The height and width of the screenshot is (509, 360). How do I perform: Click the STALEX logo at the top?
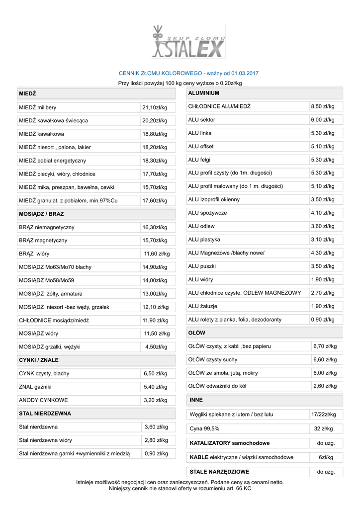click(x=188, y=42)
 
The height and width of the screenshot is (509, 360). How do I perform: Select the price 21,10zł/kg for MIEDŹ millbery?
click(x=155, y=107)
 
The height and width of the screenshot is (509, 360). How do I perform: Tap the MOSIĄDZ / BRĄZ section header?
click(x=41, y=214)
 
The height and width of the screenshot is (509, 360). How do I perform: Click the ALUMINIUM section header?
click(x=204, y=93)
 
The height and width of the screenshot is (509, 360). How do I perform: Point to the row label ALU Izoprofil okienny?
click(x=214, y=199)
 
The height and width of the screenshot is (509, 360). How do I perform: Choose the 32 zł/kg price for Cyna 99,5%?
click(x=324, y=428)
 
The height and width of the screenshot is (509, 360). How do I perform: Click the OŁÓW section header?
click(x=197, y=333)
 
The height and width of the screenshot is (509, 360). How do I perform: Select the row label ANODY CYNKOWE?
click(x=43, y=400)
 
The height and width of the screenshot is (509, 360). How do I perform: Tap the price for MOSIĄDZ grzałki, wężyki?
click(x=156, y=347)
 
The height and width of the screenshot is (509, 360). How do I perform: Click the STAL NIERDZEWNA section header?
click(x=45, y=413)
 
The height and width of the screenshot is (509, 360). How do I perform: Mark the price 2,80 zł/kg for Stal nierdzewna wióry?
click(x=156, y=440)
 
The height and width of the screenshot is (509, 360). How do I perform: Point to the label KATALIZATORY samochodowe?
click(x=230, y=443)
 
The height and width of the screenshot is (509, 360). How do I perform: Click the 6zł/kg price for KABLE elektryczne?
click(x=326, y=457)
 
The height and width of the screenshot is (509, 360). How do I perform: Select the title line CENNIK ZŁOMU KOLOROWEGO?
click(x=188, y=73)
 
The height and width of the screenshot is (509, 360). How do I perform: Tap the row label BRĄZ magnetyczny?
click(x=43, y=241)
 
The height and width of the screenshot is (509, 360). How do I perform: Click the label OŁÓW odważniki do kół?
click(x=217, y=386)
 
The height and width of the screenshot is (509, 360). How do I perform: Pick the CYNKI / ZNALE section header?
click(x=39, y=360)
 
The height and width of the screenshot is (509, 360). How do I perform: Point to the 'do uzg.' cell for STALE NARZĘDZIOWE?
click(x=326, y=472)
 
